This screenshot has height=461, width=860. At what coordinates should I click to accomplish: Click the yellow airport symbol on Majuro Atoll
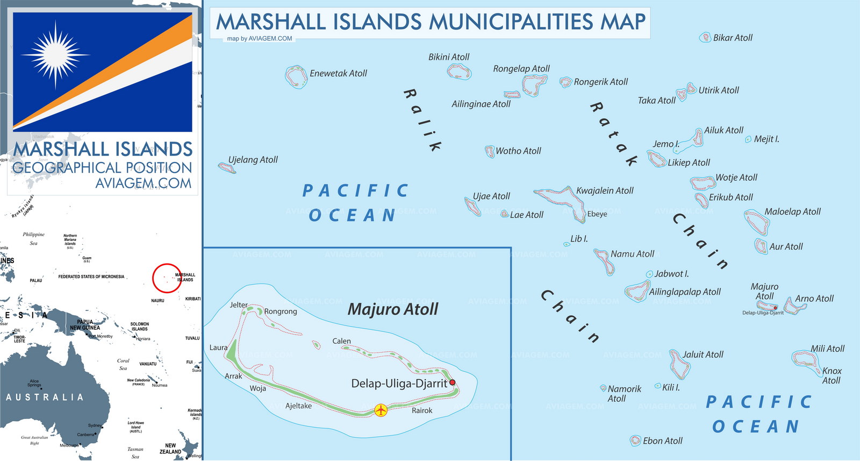pos(381,410)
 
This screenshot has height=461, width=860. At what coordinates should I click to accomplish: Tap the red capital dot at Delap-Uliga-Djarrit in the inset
pos(453,382)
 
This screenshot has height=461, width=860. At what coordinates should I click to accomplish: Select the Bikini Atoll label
pos(449,57)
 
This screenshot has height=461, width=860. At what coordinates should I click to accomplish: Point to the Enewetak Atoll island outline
pos(295,76)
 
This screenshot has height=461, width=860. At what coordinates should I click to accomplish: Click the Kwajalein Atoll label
pos(605,190)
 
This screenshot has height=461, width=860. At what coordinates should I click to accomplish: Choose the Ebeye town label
pos(597,214)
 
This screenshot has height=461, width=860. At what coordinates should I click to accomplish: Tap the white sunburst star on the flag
pos(55,55)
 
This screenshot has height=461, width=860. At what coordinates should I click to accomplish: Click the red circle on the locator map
pos(167,278)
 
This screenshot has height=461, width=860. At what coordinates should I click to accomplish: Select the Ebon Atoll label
pos(663,441)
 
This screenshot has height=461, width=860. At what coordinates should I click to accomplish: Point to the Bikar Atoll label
pos(733,38)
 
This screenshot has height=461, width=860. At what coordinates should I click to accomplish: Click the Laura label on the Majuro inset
pos(218,347)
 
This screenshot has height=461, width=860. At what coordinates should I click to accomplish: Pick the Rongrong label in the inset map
pos(280,311)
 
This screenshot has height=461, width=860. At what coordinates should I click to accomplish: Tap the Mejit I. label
pos(766,139)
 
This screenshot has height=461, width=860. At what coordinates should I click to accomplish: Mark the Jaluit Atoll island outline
pos(679,364)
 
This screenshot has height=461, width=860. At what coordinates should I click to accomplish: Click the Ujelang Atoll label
pos(253,160)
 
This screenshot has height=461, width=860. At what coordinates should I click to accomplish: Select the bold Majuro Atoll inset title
pos(393,309)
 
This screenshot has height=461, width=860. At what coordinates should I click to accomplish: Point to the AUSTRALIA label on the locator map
pos(45,398)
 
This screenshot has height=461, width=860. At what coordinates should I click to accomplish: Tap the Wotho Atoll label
pos(518,151)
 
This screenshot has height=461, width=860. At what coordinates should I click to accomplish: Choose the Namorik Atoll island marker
pos(603,387)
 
